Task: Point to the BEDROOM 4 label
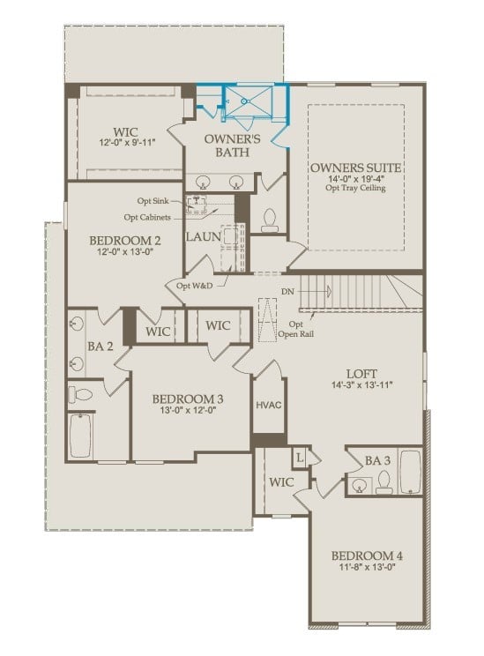367,555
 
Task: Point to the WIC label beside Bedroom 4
281,482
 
